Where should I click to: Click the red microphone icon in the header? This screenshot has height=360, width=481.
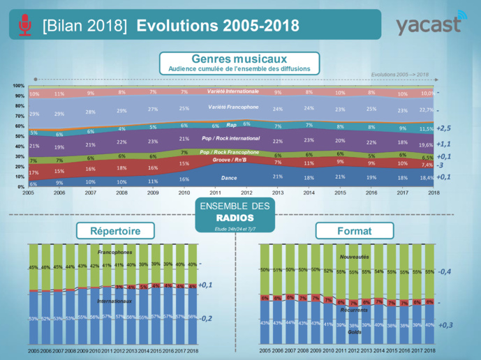(x=25, y=25)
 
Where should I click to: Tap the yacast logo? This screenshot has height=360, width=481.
(x=428, y=25)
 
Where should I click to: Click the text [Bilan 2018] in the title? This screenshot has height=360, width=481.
(x=84, y=26)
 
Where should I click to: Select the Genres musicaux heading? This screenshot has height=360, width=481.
(x=239, y=59)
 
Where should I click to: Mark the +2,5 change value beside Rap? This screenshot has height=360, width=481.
(x=445, y=128)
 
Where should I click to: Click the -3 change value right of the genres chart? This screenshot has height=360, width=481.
(x=441, y=166)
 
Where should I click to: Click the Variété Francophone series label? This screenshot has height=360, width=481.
(x=232, y=107)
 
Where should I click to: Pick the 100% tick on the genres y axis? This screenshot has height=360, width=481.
(x=19, y=86)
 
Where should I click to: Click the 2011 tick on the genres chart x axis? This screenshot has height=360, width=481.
(x=216, y=193)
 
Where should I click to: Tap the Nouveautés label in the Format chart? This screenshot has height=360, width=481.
(x=349, y=257)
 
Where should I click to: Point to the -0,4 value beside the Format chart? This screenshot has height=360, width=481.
(x=445, y=271)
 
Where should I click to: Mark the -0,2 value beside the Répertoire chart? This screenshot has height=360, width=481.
(x=206, y=318)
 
